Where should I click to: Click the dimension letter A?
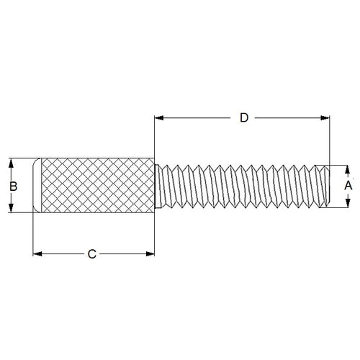[x=348, y=186]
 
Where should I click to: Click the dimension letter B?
[x=12, y=185]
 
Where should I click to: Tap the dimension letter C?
[x=91, y=254]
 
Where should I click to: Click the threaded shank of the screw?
[x=238, y=186]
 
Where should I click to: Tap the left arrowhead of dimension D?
[x=159, y=118]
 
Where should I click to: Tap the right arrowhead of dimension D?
[x=325, y=118]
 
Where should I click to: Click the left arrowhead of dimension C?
[x=39, y=253]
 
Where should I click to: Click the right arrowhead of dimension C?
[x=150, y=253]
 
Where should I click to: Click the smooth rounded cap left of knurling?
[x=37, y=185]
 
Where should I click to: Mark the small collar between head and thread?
[x=157, y=186]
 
